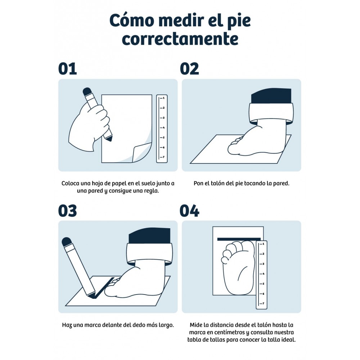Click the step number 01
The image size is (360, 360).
click(x=68, y=69)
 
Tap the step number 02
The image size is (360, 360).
click(x=189, y=69)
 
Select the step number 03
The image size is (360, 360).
click(x=68, y=211)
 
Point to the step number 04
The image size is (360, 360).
click(x=189, y=211)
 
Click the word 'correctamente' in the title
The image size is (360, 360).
click(x=180, y=39)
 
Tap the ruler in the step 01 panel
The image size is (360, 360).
click(x=162, y=129)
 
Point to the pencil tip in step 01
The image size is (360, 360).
click(x=109, y=139)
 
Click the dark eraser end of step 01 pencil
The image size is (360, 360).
click(x=87, y=91)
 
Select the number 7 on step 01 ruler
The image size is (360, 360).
click(x=163, y=157)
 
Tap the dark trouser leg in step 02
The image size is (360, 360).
click(x=271, y=95)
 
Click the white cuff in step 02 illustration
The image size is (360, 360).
click(x=271, y=113)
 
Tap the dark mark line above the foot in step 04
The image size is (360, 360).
click(x=239, y=239)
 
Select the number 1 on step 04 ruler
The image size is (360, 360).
click(x=264, y=244)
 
